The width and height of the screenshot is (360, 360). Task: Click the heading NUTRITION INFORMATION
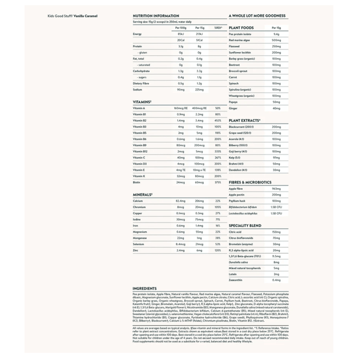click(156, 17)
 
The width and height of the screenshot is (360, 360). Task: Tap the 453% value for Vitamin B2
click(218, 121)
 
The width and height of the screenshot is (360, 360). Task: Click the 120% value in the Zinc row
click(218, 250)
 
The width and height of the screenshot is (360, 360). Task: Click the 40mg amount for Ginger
click(276, 108)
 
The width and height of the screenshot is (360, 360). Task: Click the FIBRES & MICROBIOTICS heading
click(254, 182)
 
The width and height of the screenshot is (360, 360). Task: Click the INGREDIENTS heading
click(145, 288)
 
